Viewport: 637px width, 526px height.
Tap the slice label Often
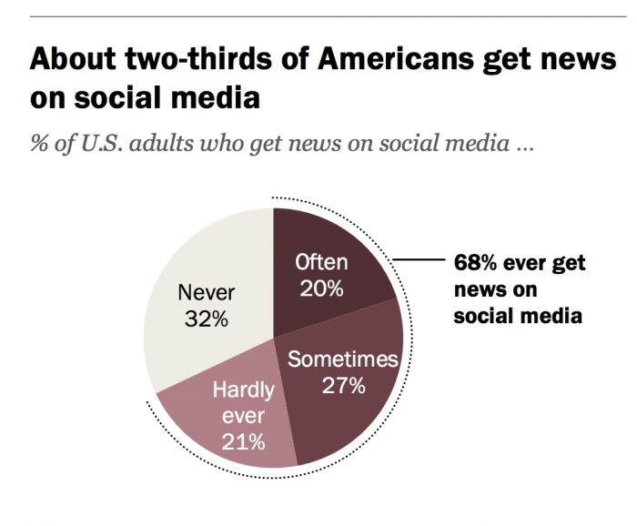321,263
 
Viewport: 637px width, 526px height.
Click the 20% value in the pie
321,288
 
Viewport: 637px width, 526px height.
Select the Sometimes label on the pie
343,359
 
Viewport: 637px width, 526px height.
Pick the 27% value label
343,385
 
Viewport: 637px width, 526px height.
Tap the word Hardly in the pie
243,391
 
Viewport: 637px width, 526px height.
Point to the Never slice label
206,293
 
